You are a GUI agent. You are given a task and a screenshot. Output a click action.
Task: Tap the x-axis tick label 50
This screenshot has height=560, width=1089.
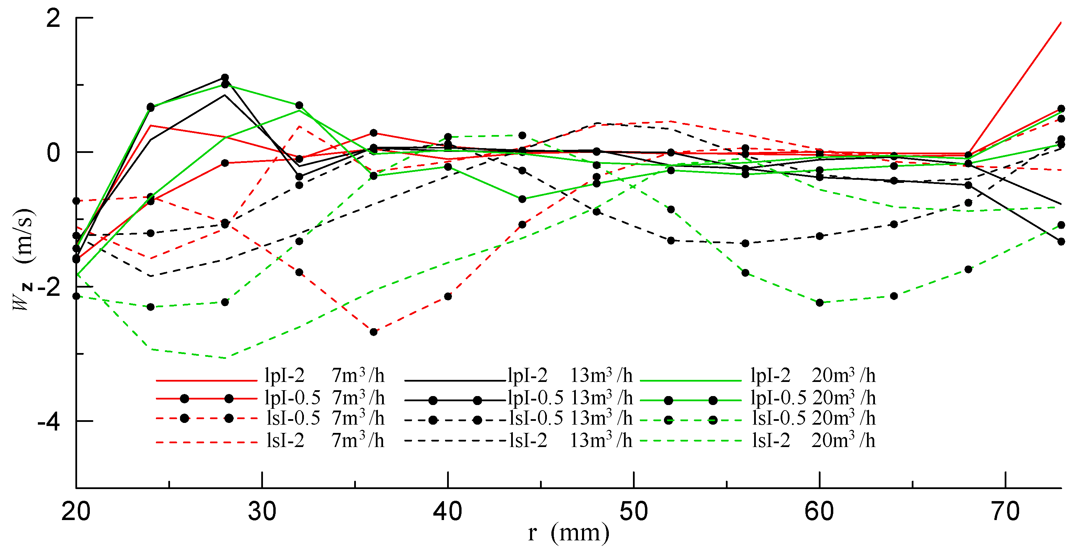pyautogui.click(x=633, y=511)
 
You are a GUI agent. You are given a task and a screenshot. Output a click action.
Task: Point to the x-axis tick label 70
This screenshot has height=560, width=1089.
pyautogui.click(x=1005, y=511)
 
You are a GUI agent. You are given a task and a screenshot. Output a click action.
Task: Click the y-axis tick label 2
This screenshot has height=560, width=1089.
pyautogui.click(x=53, y=19)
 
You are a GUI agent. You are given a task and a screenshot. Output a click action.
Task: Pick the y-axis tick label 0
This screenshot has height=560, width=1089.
pyautogui.click(x=53, y=153)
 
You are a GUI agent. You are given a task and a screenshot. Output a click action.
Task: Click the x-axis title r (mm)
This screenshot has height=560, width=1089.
pyautogui.click(x=568, y=533)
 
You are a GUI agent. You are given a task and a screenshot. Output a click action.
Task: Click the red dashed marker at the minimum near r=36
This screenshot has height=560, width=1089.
pyautogui.click(x=374, y=332)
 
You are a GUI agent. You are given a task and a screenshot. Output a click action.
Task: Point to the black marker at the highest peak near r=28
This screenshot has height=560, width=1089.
pyautogui.click(x=225, y=77)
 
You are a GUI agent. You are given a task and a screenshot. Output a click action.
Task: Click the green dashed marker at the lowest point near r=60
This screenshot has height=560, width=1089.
pyautogui.click(x=819, y=302)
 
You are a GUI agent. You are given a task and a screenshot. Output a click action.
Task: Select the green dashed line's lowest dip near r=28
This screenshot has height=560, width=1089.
pyautogui.click(x=225, y=358)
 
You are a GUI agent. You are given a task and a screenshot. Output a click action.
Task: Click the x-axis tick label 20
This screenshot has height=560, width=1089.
pyautogui.click(x=76, y=511)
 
